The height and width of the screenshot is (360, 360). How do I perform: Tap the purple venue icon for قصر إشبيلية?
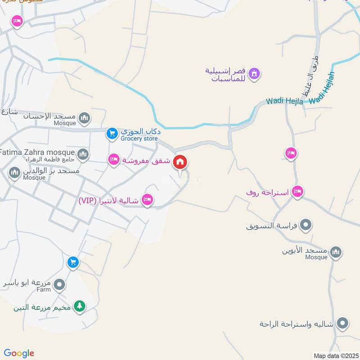254,73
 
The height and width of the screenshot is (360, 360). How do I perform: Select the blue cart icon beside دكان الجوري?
112,133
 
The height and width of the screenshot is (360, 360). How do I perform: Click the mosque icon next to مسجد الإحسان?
84,118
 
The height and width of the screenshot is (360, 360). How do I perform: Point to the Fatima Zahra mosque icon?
82,155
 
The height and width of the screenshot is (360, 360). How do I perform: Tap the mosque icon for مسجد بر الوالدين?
15,172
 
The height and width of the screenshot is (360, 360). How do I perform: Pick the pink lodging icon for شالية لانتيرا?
147,200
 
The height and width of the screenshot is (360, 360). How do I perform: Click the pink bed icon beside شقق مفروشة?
113,159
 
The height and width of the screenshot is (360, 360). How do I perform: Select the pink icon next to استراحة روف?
297,192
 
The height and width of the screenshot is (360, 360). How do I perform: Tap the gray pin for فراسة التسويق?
306,224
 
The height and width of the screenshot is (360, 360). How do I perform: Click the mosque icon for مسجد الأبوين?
335,252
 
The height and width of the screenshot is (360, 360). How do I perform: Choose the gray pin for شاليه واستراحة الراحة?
343,323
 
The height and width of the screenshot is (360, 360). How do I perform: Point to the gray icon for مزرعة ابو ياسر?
59,284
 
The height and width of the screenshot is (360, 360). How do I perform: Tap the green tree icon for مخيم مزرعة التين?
79,306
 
